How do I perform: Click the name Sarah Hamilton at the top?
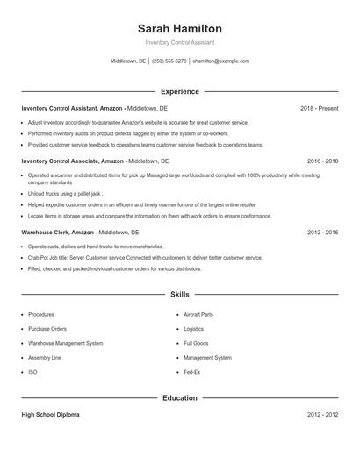(180, 28)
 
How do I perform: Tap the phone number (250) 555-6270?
(169, 61)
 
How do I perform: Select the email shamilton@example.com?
(220, 61)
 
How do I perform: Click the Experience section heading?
(180, 91)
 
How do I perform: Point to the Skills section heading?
(180, 295)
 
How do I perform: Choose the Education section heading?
(180, 397)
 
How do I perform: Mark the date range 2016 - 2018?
(322, 161)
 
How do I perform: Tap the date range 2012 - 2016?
(322, 232)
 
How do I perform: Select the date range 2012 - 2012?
(322, 414)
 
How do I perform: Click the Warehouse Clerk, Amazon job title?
(58, 232)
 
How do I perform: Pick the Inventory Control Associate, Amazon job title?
(73, 161)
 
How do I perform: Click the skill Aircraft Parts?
(198, 314)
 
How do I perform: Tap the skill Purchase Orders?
(47, 329)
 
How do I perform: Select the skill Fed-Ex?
(192, 372)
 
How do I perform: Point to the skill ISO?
(32, 372)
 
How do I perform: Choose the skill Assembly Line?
(45, 358)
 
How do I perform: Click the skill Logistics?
(193, 329)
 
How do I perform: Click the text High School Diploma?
(50, 414)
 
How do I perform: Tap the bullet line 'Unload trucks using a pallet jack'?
(66, 193)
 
